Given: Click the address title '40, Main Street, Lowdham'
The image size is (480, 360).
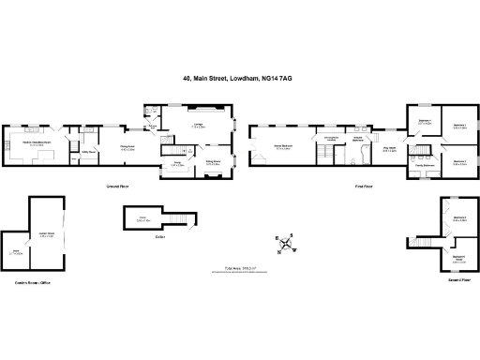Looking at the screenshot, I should (x=238, y=80).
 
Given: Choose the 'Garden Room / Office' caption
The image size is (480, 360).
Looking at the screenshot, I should (x=32, y=280).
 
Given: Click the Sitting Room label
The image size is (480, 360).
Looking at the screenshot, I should (x=213, y=161).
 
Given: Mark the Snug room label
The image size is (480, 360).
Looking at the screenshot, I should (x=177, y=162).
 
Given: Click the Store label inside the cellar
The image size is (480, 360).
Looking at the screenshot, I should (x=144, y=219).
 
